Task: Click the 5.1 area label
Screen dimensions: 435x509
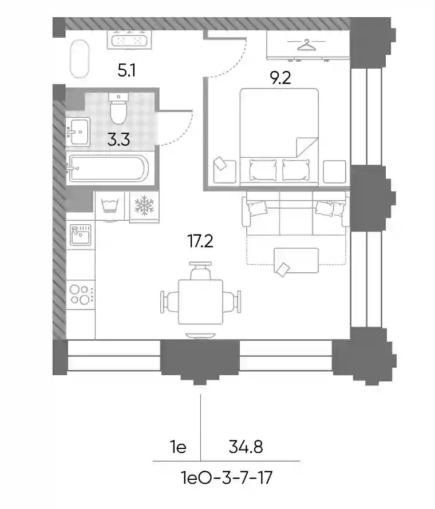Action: click(x=126, y=70)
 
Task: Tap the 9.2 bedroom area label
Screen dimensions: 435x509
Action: click(x=280, y=78)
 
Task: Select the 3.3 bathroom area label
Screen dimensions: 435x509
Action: click(x=119, y=140)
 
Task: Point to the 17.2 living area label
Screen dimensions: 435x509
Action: click(x=200, y=241)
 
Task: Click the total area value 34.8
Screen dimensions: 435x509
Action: click(x=246, y=447)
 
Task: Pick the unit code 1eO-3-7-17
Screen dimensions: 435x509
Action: click(x=227, y=478)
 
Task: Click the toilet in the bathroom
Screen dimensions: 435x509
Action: click(x=118, y=109)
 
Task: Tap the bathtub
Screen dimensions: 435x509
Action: click(x=108, y=168)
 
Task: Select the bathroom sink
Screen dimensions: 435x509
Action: click(x=78, y=132)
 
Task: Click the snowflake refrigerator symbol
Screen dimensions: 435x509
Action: click(x=144, y=205)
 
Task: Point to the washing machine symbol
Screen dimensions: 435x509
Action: click(x=110, y=206)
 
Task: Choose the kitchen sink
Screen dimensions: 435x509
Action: click(x=81, y=234)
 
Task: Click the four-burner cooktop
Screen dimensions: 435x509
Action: click(x=81, y=295)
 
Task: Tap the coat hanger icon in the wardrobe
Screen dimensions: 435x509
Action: click(x=306, y=45)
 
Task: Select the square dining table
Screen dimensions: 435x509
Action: click(x=201, y=302)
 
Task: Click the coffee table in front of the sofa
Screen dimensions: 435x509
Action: click(x=296, y=260)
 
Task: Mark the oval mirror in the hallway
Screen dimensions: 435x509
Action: click(x=80, y=59)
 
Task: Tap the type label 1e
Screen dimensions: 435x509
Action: click(x=178, y=447)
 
